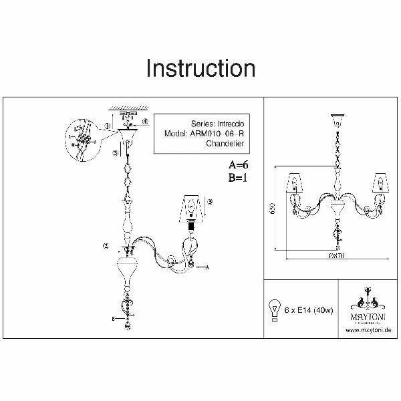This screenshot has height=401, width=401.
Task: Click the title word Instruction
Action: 200,68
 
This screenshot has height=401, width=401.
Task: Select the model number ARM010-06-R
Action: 209,134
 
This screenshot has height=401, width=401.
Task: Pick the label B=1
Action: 237,177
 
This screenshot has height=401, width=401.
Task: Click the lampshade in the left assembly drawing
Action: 192,209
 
